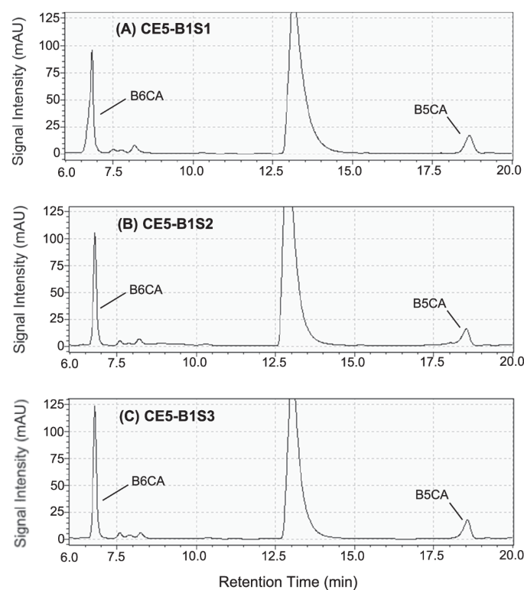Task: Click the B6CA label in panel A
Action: coord(142,96)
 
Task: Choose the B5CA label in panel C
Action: coord(431,496)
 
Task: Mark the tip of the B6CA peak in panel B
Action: coord(95,233)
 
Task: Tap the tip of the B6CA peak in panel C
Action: coord(95,406)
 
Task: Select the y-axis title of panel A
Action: coord(18,83)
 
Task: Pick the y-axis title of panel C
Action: coord(18,470)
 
